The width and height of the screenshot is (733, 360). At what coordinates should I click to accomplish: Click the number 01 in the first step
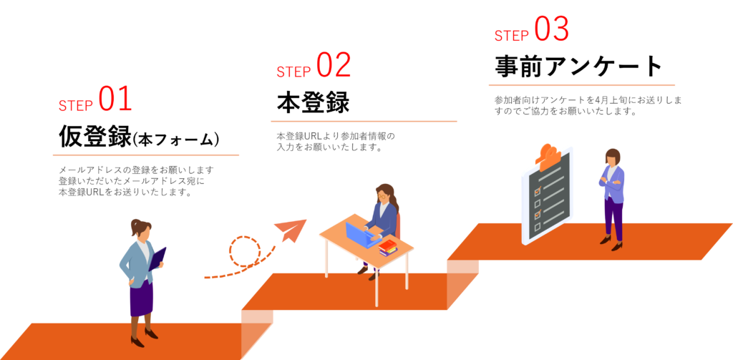(115, 100)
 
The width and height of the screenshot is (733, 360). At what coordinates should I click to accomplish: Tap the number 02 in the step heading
(334, 66)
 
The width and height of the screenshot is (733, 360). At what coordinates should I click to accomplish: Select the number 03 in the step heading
(551, 30)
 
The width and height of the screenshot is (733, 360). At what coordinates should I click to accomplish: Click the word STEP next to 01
(76, 106)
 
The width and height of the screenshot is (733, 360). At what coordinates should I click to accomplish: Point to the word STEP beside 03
(511, 37)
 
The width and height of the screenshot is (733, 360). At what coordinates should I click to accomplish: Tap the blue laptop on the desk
(361, 234)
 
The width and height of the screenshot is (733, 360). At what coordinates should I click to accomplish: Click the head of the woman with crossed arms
(612, 157)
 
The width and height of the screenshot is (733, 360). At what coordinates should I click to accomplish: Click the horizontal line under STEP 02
(364, 121)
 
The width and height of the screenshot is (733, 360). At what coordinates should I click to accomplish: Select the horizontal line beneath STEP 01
(145, 154)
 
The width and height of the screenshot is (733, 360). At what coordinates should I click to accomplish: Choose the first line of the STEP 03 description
(587, 100)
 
